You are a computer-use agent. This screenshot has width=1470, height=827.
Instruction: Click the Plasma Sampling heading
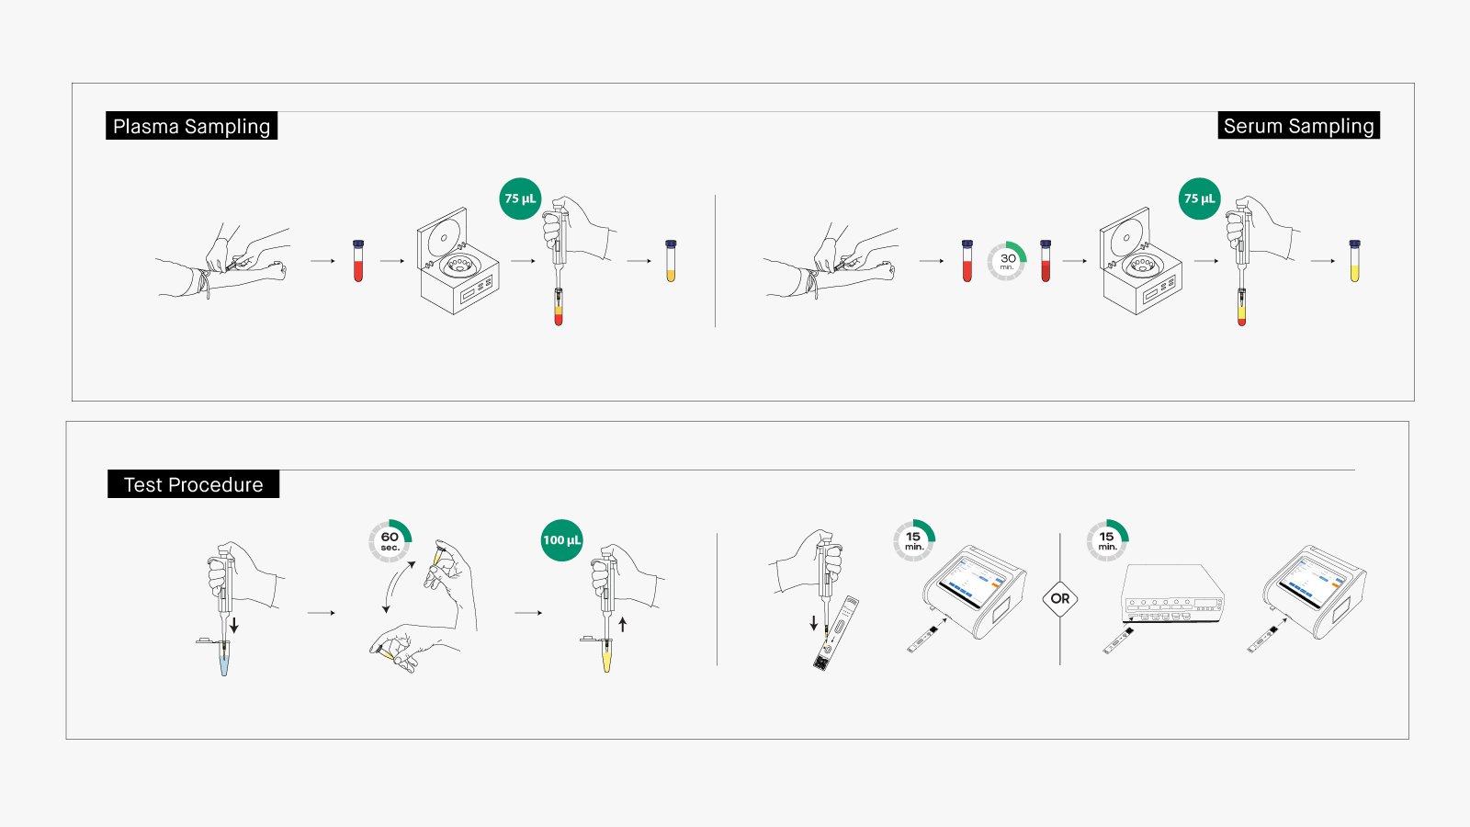click(191, 126)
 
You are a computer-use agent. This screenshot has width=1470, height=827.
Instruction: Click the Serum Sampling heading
click(1298, 126)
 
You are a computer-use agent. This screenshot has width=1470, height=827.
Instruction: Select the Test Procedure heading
click(193, 484)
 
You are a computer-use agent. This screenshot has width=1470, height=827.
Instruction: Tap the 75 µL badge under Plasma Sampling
click(520, 198)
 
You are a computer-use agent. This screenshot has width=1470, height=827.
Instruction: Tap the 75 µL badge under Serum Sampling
click(1199, 198)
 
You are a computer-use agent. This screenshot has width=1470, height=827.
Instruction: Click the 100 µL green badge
click(561, 540)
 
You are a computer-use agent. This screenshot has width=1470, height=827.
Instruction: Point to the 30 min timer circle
click(1007, 261)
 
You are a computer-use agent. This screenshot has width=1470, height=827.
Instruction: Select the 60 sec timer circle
click(390, 541)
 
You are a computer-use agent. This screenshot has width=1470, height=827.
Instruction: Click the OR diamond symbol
click(1060, 598)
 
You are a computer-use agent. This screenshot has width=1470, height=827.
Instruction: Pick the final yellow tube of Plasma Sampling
click(671, 261)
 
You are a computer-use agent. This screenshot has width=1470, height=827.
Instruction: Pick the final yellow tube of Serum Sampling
click(1354, 261)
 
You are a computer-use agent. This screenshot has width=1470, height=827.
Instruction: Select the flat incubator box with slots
click(1173, 595)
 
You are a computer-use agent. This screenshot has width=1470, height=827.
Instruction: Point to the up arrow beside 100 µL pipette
click(623, 624)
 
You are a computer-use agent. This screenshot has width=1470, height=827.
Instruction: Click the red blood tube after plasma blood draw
click(358, 261)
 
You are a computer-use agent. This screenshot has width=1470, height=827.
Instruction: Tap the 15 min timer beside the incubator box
click(1106, 540)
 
